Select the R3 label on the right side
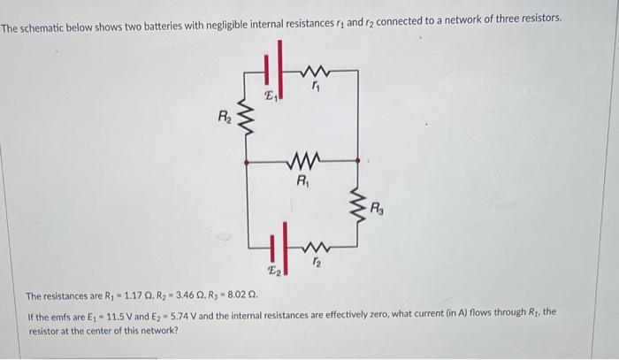pyautogui.click(x=378, y=210)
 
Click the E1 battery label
pyautogui.click(x=272, y=96)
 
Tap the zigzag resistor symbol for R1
pyautogui.click(x=302, y=162)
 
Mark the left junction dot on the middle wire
pyautogui.click(x=245, y=162)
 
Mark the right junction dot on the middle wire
pyautogui.click(x=358, y=162)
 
